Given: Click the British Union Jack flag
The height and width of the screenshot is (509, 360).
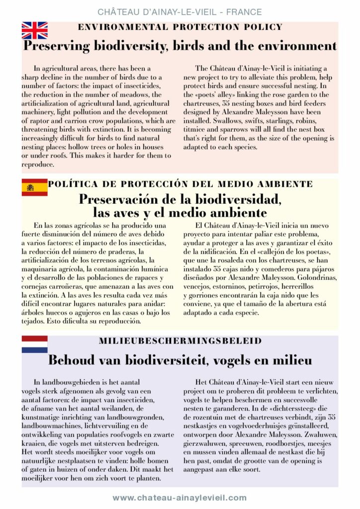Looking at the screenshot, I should pyautogui.click(x=34, y=31).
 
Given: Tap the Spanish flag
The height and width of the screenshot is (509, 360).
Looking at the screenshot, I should pyautogui.click(x=34, y=187).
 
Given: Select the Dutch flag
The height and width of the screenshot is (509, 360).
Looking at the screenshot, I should pyautogui.click(x=34, y=344).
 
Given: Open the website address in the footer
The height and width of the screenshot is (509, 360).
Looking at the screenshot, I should pyautogui.click(x=180, y=497).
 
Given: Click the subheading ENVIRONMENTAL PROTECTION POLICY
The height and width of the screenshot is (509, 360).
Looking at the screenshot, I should pyautogui.click(x=180, y=27).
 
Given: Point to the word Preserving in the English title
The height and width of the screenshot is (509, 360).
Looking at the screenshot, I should pyautogui.click(x=57, y=46).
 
